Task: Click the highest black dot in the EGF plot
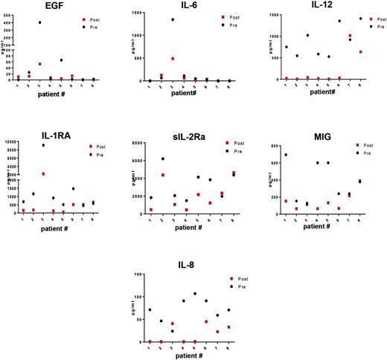pyautogui.click(x=39, y=22)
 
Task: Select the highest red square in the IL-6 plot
pyautogui.click(x=172, y=58)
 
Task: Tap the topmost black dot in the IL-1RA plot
pyautogui.click(x=42, y=145)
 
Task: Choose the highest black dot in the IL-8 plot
pyautogui.click(x=195, y=294)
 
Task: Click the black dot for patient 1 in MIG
pyautogui.click(x=285, y=155)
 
